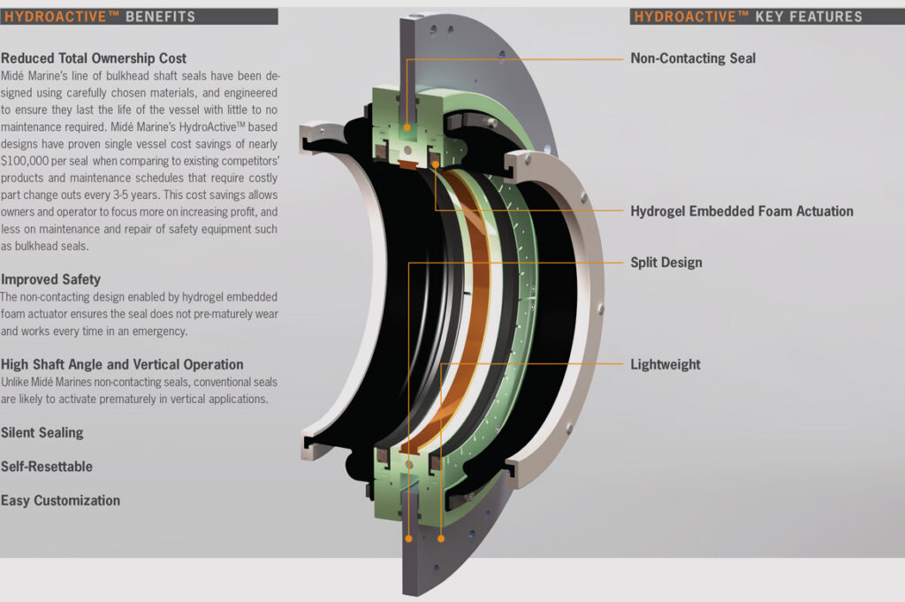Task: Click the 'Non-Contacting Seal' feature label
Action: coord(693,58)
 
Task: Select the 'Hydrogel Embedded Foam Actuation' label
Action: coord(741,211)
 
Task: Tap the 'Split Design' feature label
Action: coord(666,263)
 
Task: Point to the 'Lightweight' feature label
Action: coord(665,364)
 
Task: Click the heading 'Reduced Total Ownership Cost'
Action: coord(94,58)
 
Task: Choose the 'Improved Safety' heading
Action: coord(51,279)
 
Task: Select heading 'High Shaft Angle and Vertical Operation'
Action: coord(122,364)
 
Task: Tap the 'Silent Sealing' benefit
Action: coord(42,433)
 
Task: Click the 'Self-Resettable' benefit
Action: coord(47,467)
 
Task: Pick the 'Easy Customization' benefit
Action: coord(60,500)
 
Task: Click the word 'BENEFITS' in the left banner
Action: coord(161,16)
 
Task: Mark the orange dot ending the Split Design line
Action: coord(409,537)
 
